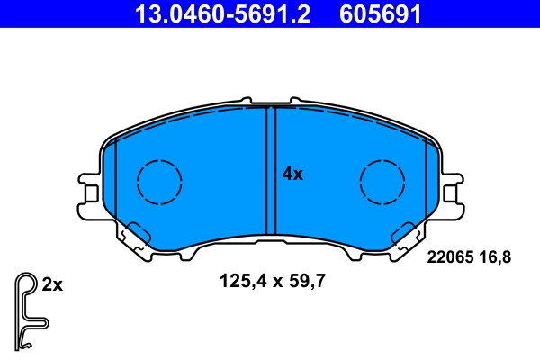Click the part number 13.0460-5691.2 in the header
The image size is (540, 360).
(x=227, y=13)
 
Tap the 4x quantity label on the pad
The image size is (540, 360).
(x=292, y=175)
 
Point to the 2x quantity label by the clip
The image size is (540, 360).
(x=52, y=285)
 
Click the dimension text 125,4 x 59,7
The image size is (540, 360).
(x=272, y=281)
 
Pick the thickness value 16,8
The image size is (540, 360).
(x=496, y=257)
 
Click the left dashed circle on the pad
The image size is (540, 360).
(x=159, y=180)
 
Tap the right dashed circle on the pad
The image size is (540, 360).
(x=382, y=180)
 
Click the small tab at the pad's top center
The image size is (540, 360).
(x=271, y=103)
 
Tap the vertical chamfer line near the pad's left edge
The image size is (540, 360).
(x=117, y=180)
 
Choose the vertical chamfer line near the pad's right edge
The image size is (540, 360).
(x=425, y=180)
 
